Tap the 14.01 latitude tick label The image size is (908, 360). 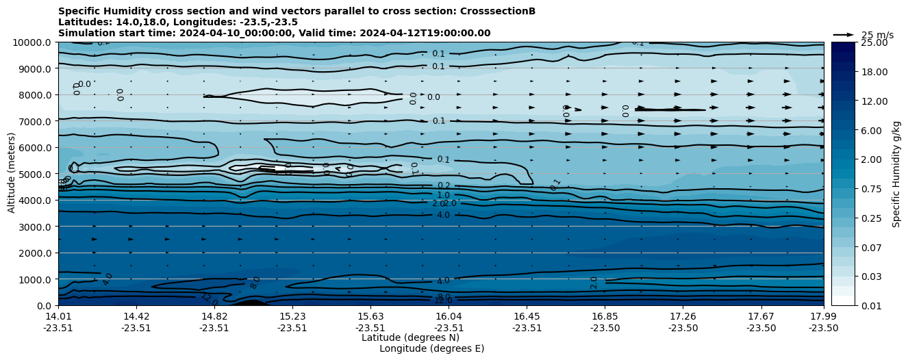[x=58, y=316]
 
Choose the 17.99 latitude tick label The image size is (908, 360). [x=823, y=316]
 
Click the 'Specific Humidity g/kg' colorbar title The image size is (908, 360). [x=896, y=174]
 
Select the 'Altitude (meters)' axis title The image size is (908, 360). [x=12, y=174]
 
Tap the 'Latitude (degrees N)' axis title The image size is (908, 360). [x=410, y=337]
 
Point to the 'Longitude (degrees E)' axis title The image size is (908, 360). [x=431, y=348]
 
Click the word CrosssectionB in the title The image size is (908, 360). [x=500, y=11]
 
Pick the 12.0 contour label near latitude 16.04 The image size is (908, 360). [x=443, y=300]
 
